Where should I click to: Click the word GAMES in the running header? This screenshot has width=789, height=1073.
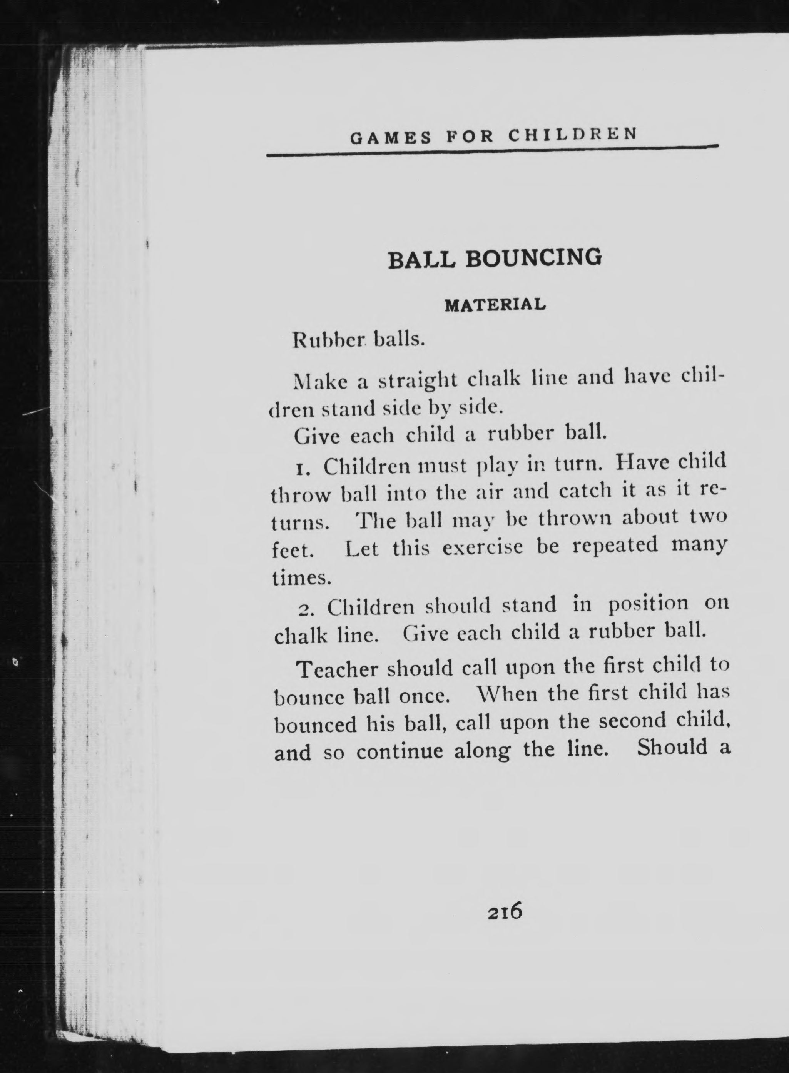point(390,139)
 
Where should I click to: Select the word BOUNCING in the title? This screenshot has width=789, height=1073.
point(533,258)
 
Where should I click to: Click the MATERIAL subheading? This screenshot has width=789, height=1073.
point(495,305)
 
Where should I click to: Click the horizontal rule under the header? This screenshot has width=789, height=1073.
point(492,151)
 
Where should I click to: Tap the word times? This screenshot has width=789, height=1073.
point(301,578)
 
